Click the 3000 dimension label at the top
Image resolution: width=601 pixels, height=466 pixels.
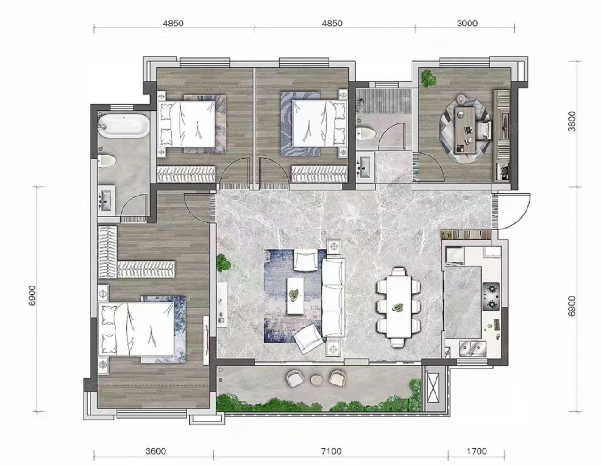[467, 23]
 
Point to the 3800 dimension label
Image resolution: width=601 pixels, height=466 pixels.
[572, 122]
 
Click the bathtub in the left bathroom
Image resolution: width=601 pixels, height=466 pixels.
[124, 126]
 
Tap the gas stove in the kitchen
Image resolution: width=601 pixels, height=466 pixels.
[491, 296]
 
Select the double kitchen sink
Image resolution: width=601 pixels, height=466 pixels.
[473, 349]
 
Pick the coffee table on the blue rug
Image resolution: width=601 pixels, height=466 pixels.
[295, 296]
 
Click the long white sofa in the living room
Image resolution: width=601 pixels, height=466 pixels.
[334, 298]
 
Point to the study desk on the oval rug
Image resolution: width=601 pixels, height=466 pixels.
[465, 130]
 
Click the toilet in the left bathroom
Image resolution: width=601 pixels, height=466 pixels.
[107, 161]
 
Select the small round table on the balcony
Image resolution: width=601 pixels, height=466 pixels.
[316, 380]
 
